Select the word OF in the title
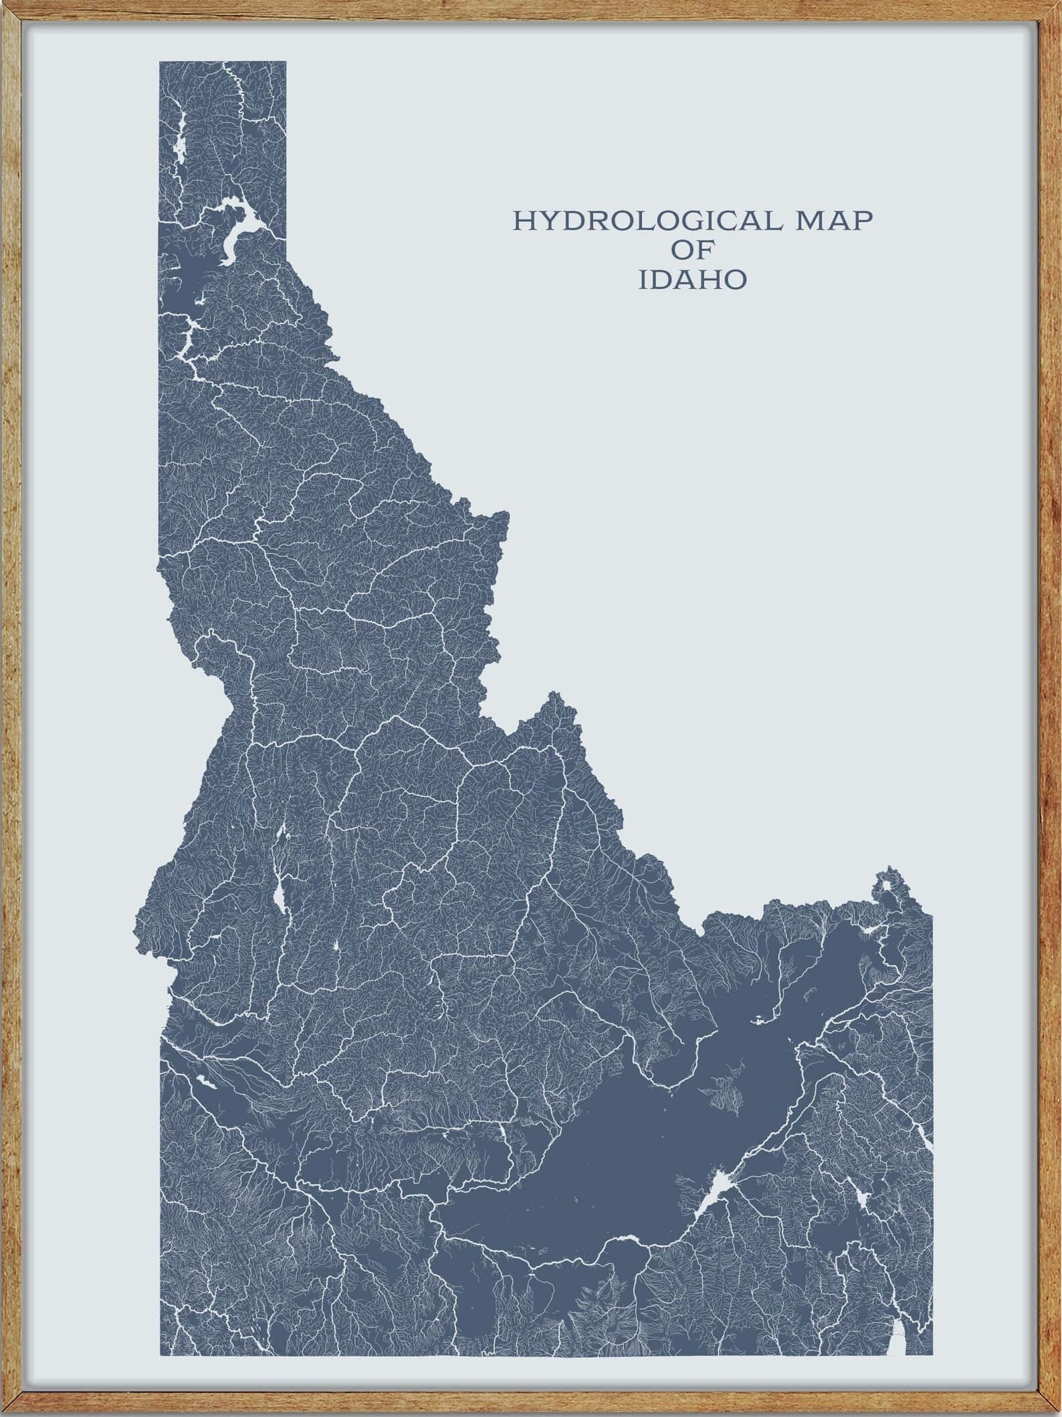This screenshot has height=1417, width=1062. click(x=692, y=250)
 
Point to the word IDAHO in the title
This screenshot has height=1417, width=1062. click(x=692, y=280)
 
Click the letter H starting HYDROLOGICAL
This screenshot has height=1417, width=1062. click(x=522, y=220)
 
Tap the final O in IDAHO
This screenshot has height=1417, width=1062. click(x=734, y=280)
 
